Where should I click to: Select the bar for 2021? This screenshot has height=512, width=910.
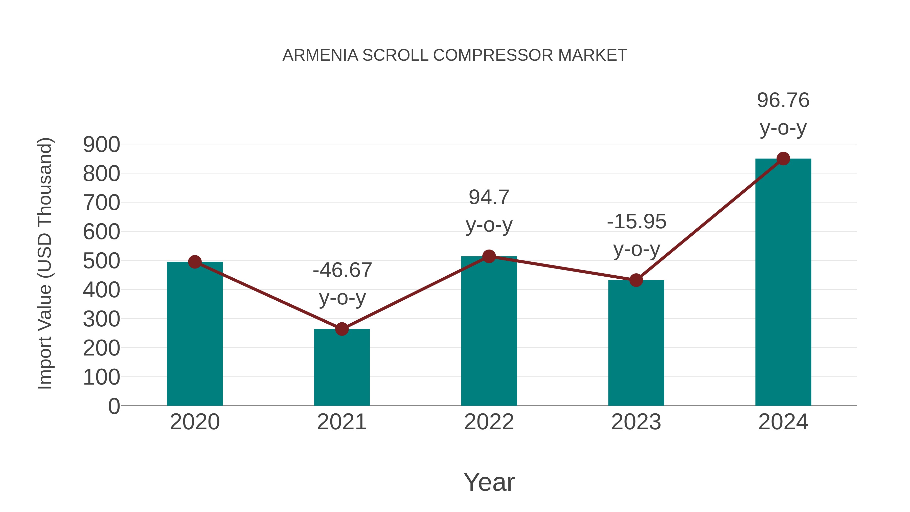pyautogui.click(x=342, y=367)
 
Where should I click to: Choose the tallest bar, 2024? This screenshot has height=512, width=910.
pyautogui.click(x=783, y=282)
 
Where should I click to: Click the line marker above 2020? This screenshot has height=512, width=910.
pyautogui.click(x=195, y=262)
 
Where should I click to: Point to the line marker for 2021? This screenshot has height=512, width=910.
pyautogui.click(x=342, y=329)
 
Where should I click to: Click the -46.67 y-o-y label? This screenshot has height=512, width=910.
pyautogui.click(x=342, y=284)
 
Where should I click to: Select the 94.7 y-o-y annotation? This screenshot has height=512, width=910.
pyautogui.click(x=489, y=211)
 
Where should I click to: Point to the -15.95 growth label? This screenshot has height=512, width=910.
pyautogui.click(x=636, y=235)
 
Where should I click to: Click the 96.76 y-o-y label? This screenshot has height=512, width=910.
pyautogui.click(x=783, y=114)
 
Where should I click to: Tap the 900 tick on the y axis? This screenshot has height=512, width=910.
pyautogui.click(x=101, y=145)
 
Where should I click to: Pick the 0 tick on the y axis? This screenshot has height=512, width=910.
pyautogui.click(x=114, y=406)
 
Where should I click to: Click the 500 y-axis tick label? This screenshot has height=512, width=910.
pyautogui.click(x=101, y=261)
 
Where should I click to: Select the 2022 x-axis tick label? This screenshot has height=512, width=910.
pyautogui.click(x=489, y=422)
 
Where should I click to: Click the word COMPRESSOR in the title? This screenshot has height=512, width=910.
pyautogui.click(x=493, y=55)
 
